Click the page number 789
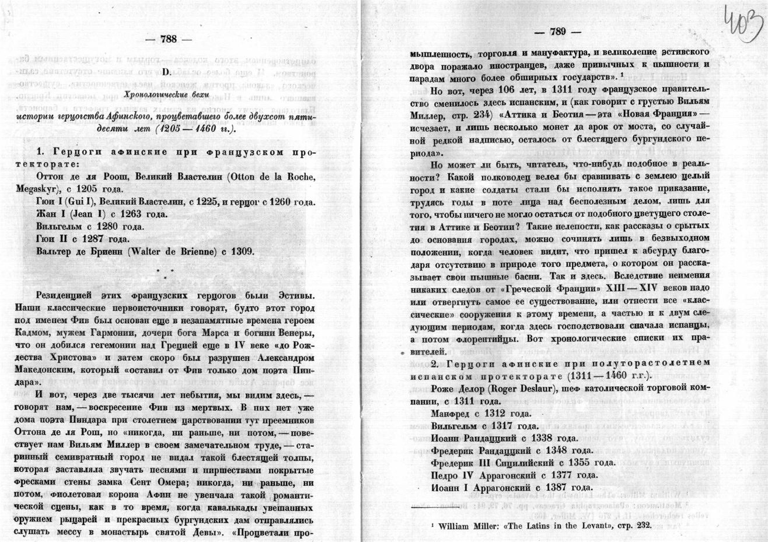558,32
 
